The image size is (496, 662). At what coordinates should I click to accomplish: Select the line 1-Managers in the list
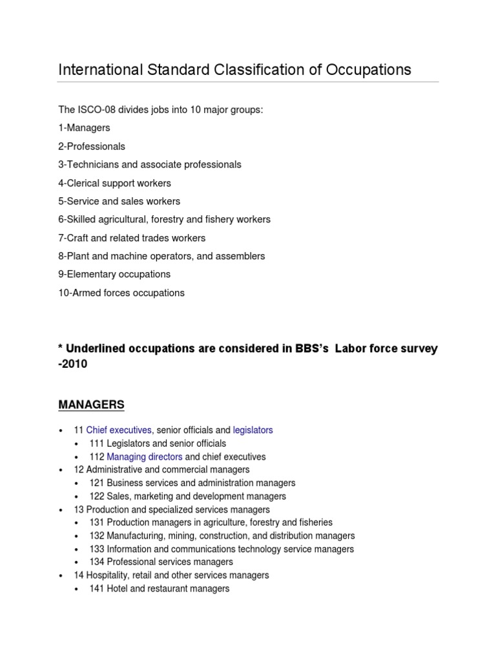click(x=84, y=128)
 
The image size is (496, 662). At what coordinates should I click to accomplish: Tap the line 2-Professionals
click(x=92, y=146)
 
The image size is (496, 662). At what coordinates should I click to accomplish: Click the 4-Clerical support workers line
click(x=114, y=183)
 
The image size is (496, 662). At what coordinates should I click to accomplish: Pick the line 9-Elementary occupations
click(x=114, y=274)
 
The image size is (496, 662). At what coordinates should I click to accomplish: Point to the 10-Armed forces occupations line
click(x=121, y=293)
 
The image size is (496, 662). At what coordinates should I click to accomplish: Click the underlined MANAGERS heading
click(x=91, y=405)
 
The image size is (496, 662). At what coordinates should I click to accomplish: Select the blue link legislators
click(x=253, y=430)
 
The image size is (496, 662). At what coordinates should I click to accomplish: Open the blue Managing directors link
click(x=145, y=456)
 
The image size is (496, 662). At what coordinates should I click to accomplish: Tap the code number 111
click(x=97, y=443)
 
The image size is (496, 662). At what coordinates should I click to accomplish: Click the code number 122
click(x=97, y=496)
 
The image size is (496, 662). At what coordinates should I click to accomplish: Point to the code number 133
click(x=97, y=549)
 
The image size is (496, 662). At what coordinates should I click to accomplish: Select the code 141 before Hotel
click(x=97, y=588)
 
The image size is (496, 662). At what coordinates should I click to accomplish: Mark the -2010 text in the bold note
click(x=72, y=364)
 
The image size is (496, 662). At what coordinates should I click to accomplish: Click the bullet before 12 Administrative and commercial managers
click(x=61, y=470)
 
